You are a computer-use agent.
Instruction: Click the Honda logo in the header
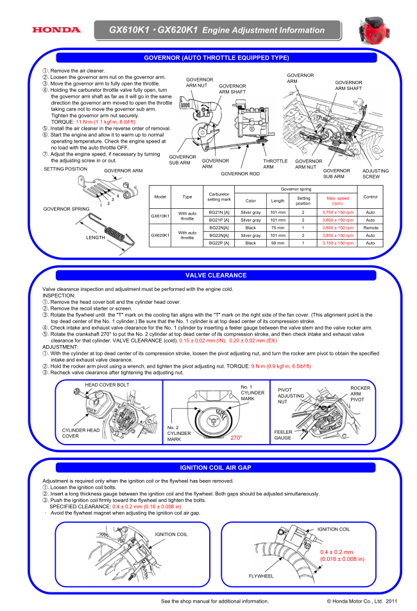[x=56, y=30]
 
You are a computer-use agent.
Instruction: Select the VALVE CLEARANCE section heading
[x=216, y=275]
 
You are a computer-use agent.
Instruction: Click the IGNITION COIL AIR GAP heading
[x=216, y=468]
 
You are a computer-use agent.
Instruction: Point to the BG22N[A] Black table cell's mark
[x=219, y=228]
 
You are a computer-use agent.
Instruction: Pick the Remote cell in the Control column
[x=370, y=228]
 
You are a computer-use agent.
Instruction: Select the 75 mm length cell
[x=277, y=228]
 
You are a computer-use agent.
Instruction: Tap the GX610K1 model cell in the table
[x=160, y=216]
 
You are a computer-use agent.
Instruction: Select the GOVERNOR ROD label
[x=240, y=173]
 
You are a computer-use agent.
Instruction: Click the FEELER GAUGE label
[x=283, y=435]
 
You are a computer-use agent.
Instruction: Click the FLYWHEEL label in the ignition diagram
[x=261, y=576]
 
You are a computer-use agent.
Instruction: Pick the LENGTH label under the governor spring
[x=95, y=238]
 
